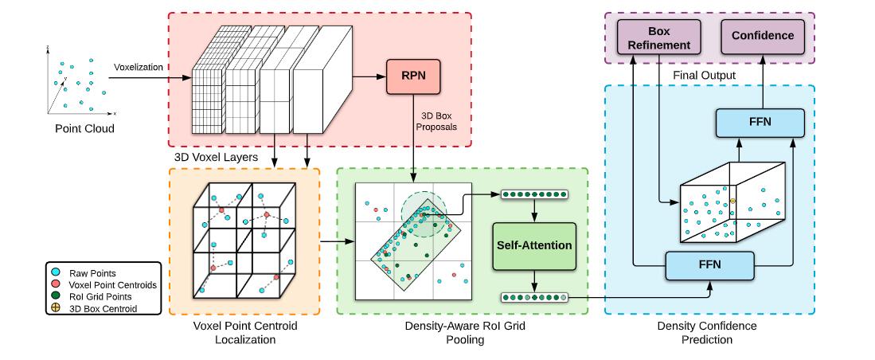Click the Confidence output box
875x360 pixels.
pos(762,37)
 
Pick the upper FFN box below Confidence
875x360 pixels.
pos(760,123)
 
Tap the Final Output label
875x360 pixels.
pos(704,75)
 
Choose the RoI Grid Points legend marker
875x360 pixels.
pos(59,296)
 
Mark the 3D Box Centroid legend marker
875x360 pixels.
pos(59,308)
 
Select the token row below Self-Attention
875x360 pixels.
pos(534,298)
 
